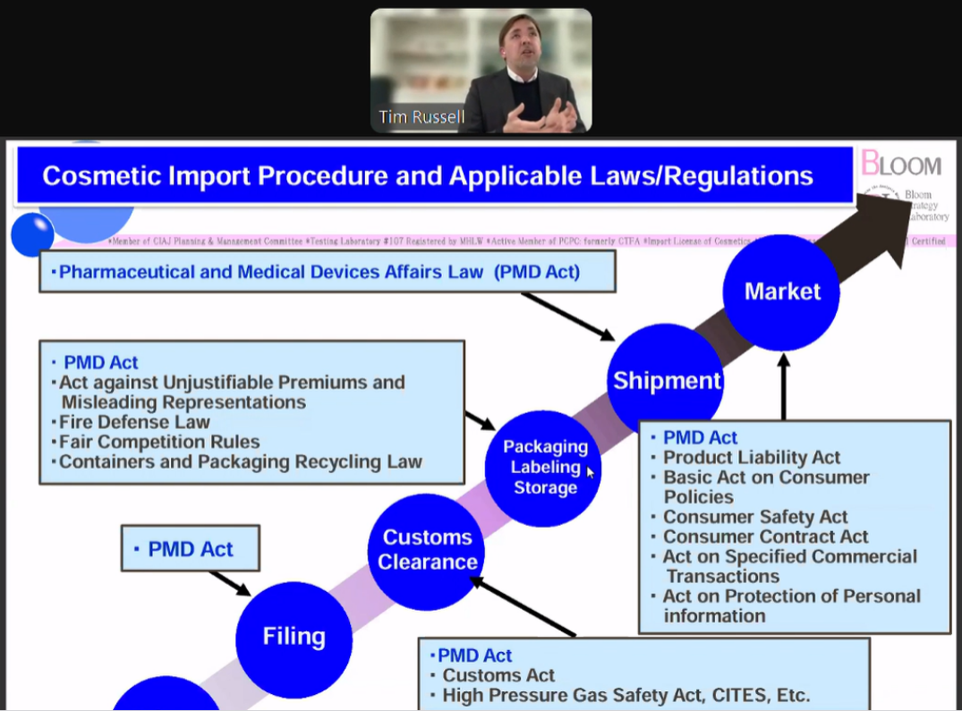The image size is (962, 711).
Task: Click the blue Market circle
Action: pyautogui.click(x=781, y=292)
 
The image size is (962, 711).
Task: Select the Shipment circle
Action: pyautogui.click(x=666, y=381)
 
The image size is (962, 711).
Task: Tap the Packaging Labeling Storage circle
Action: pyautogui.click(x=544, y=468)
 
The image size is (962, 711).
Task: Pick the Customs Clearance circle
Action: pyautogui.click(x=427, y=550)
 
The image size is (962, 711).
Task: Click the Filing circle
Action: pyautogui.click(x=294, y=638)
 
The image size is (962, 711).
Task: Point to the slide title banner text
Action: pyautogui.click(x=428, y=175)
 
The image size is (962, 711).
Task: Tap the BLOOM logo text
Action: pyautogui.click(x=902, y=165)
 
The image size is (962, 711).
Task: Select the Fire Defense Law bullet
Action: pyautogui.click(x=135, y=422)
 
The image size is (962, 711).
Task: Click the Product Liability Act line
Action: pyautogui.click(x=752, y=458)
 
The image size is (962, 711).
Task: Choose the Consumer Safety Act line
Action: pyautogui.click(x=755, y=517)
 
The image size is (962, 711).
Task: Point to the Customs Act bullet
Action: pyautogui.click(x=498, y=675)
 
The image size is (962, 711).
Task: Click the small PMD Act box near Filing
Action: pyautogui.click(x=191, y=549)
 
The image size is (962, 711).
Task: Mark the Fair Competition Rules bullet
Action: pyautogui.click(x=160, y=442)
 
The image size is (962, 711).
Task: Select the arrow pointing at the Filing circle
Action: pyautogui.click(x=231, y=582)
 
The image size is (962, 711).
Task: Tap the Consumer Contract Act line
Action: pyautogui.click(x=765, y=537)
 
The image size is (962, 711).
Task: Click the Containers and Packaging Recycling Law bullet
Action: pyautogui.click(x=241, y=462)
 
